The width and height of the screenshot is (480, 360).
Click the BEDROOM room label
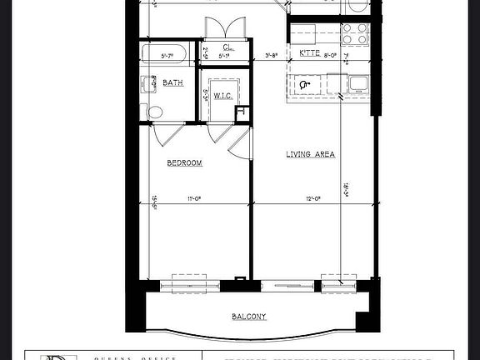click(x=185, y=163)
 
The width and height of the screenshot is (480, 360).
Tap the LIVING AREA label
click(x=310, y=154)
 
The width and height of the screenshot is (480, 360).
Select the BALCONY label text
click(x=249, y=316)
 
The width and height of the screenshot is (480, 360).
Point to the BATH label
click(x=173, y=82)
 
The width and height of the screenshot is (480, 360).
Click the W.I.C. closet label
click(x=222, y=96)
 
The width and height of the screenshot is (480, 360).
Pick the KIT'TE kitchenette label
click(x=309, y=53)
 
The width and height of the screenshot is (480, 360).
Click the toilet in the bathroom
click(x=154, y=111)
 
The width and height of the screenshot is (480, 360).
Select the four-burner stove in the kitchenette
click(x=356, y=33)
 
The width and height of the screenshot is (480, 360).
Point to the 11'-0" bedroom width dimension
click(x=196, y=198)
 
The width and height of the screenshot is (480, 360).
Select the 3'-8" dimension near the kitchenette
click(x=272, y=57)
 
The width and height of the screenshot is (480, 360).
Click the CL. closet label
click(x=227, y=47)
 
